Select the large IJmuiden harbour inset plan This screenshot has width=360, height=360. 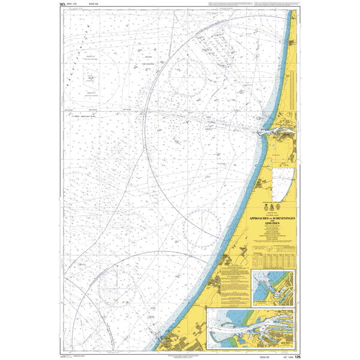[x=251, y=329]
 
